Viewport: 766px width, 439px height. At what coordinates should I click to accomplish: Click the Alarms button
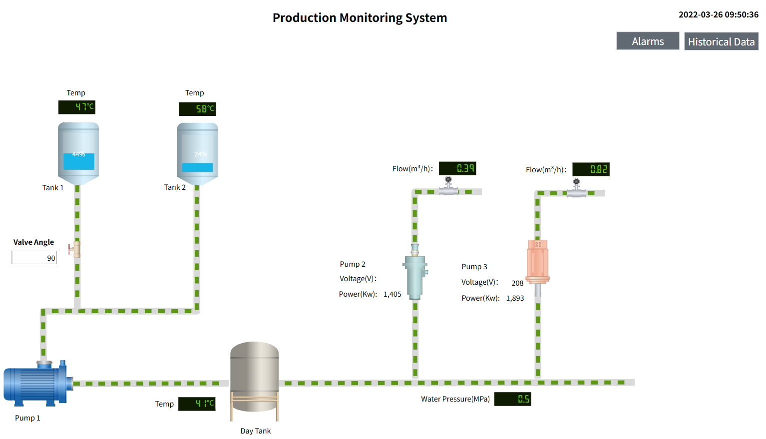[x=648, y=41]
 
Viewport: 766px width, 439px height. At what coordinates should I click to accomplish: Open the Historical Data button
[x=721, y=41]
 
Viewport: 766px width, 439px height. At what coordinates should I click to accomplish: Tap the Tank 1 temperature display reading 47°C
[x=77, y=107]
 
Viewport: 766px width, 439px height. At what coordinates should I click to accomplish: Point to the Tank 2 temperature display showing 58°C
[x=197, y=108]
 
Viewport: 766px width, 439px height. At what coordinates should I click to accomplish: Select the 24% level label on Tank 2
[x=201, y=154]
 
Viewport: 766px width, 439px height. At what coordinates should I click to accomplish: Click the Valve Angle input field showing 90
[x=34, y=258]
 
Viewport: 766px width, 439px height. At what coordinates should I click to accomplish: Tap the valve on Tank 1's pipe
[x=75, y=248]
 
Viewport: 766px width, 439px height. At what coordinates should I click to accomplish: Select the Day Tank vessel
[x=254, y=377]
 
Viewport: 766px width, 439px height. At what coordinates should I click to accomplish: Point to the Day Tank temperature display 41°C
[x=197, y=404]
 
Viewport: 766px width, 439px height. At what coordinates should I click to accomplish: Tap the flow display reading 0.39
[x=457, y=168]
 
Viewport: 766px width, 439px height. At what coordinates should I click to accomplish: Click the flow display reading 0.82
[x=591, y=169]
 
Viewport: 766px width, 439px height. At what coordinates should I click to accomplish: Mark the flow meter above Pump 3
[x=577, y=189]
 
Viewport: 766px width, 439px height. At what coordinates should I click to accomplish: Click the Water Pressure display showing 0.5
[x=513, y=399]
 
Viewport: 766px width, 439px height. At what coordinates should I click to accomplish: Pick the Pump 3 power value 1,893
[x=515, y=298]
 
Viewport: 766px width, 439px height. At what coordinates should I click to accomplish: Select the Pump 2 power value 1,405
[x=392, y=294]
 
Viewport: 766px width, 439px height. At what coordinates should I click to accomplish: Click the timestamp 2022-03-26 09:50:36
[x=718, y=14]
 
